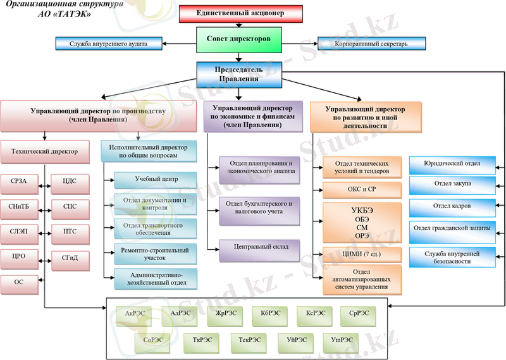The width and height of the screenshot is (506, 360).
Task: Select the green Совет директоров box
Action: click(x=238, y=40)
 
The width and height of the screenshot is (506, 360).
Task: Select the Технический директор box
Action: click(x=45, y=151)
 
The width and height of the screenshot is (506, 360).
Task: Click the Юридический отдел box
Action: click(x=454, y=165)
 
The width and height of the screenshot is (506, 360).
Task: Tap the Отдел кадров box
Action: click(x=454, y=207)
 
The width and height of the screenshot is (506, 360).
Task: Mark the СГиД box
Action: click(x=71, y=256)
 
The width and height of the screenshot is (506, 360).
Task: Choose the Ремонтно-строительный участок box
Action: click(x=156, y=254)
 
